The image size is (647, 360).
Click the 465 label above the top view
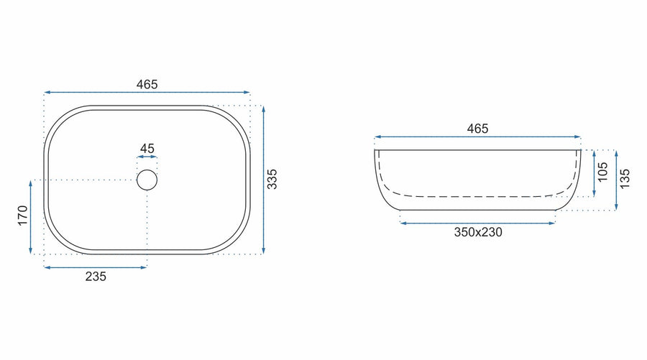(x=147, y=85)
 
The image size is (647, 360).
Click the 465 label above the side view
(x=477, y=129)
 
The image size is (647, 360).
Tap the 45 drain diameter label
(x=147, y=149)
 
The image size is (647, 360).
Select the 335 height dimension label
(x=272, y=179)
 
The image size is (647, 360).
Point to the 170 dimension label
(x=23, y=216)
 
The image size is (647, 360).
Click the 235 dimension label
(x=96, y=277)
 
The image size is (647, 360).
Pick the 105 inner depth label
(x=603, y=172)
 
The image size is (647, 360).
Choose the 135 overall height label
(x=625, y=178)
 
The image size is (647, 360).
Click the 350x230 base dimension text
(x=478, y=232)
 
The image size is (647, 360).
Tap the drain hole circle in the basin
(x=147, y=170)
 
